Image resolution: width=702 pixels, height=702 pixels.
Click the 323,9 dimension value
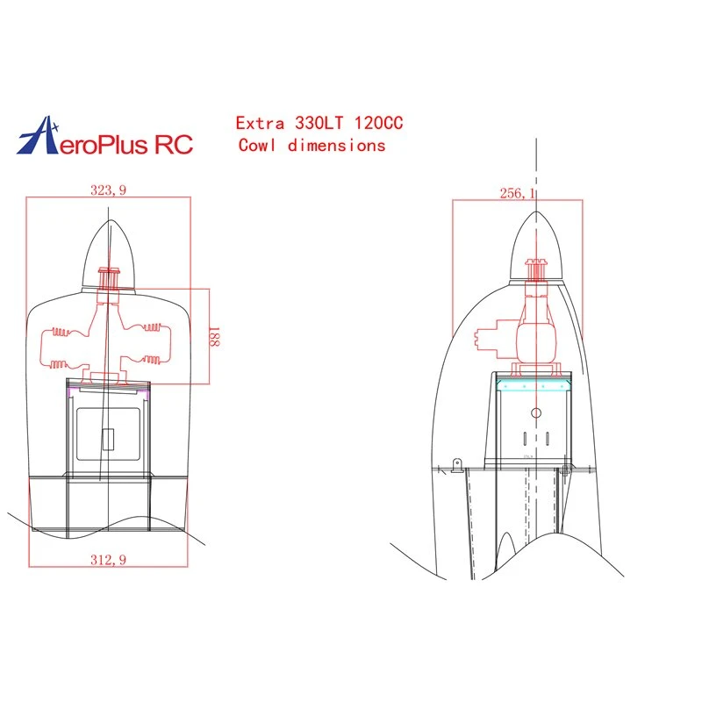coord(108,190)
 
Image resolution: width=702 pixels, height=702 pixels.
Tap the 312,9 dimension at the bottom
coord(108,560)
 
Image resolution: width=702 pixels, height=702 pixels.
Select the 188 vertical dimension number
coord(214,337)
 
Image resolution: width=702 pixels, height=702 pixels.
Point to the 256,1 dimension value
coord(517,193)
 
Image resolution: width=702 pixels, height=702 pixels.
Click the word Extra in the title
coord(260,123)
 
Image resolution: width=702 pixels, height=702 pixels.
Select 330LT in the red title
coord(319,123)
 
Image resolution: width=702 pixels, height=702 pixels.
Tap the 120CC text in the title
coord(379,123)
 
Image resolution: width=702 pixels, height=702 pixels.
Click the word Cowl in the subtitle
coord(256,145)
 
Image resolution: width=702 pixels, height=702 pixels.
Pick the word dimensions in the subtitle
coord(337,146)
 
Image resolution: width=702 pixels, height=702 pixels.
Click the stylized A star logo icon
coord(39,136)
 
